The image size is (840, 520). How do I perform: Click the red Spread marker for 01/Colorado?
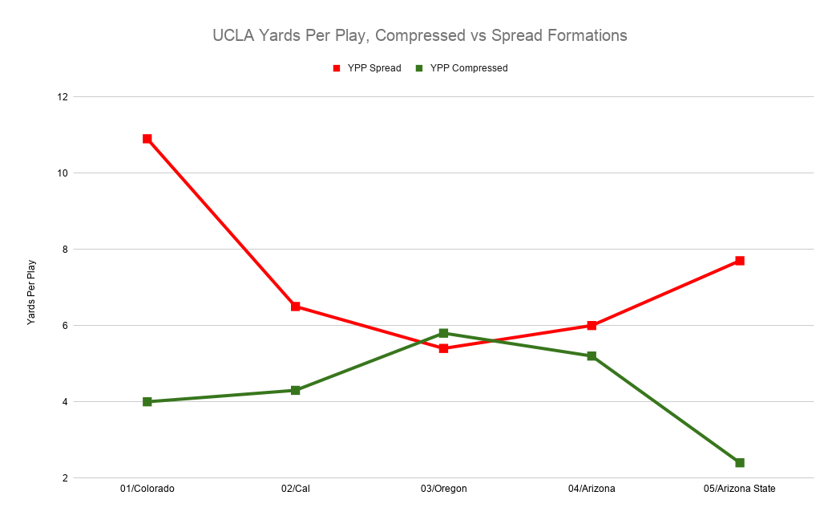tap(147, 139)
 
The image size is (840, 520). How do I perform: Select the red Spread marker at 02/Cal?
tap(296, 307)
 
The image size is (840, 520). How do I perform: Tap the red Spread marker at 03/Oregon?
tap(443, 348)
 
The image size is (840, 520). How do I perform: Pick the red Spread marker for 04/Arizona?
tap(592, 326)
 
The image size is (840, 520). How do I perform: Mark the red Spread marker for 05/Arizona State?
tap(740, 261)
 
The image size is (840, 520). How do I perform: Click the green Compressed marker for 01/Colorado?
tap(147, 402)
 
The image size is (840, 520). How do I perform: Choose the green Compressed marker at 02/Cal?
tap(296, 391)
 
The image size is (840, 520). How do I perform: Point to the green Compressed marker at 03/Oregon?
tap(443, 333)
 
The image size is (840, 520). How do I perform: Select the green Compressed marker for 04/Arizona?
tap(592, 356)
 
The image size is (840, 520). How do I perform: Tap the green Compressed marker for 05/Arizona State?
tap(740, 463)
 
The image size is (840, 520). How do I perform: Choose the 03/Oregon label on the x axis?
tap(443, 489)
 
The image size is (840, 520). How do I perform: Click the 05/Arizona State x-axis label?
tap(740, 489)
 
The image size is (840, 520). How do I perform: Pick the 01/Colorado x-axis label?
tap(147, 489)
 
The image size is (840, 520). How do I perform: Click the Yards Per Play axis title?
tap(31, 291)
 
